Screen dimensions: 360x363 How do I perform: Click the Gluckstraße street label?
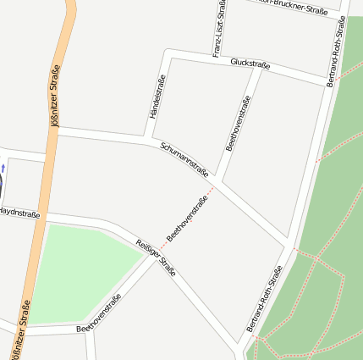pyautogui.click(x=250, y=64)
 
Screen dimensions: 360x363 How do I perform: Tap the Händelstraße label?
pyautogui.click(x=157, y=95)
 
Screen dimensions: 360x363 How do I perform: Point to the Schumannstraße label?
pyautogui.click(x=184, y=158)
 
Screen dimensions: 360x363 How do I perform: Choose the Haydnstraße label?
pyautogui.click(x=19, y=213)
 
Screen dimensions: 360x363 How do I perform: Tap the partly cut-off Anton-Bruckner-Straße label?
pyautogui.click(x=292, y=7)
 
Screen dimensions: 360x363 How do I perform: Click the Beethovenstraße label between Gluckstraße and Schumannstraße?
pyautogui.click(x=239, y=123)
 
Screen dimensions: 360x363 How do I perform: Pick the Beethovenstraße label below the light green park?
pyautogui.click(x=99, y=313)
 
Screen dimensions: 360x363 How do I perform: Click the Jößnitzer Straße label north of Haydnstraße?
pyautogui.click(x=55, y=95)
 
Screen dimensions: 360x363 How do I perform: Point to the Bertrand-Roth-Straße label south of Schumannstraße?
pyautogui.click(x=264, y=298)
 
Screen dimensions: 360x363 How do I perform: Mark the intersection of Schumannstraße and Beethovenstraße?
pyautogui.click(x=217, y=180)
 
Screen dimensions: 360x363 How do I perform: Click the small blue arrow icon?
pyautogui.click(x=3, y=169)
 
